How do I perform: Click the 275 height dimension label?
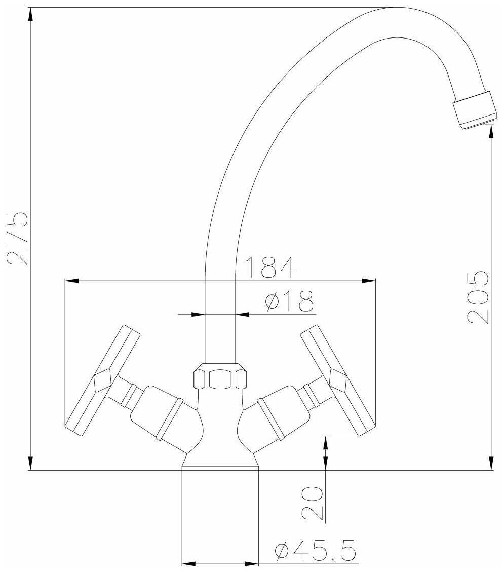17,238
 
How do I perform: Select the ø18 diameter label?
289,301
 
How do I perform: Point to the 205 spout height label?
478,297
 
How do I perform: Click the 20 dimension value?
313,503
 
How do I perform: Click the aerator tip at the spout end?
475,110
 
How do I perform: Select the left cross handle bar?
102,380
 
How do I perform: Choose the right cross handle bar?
338,380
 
